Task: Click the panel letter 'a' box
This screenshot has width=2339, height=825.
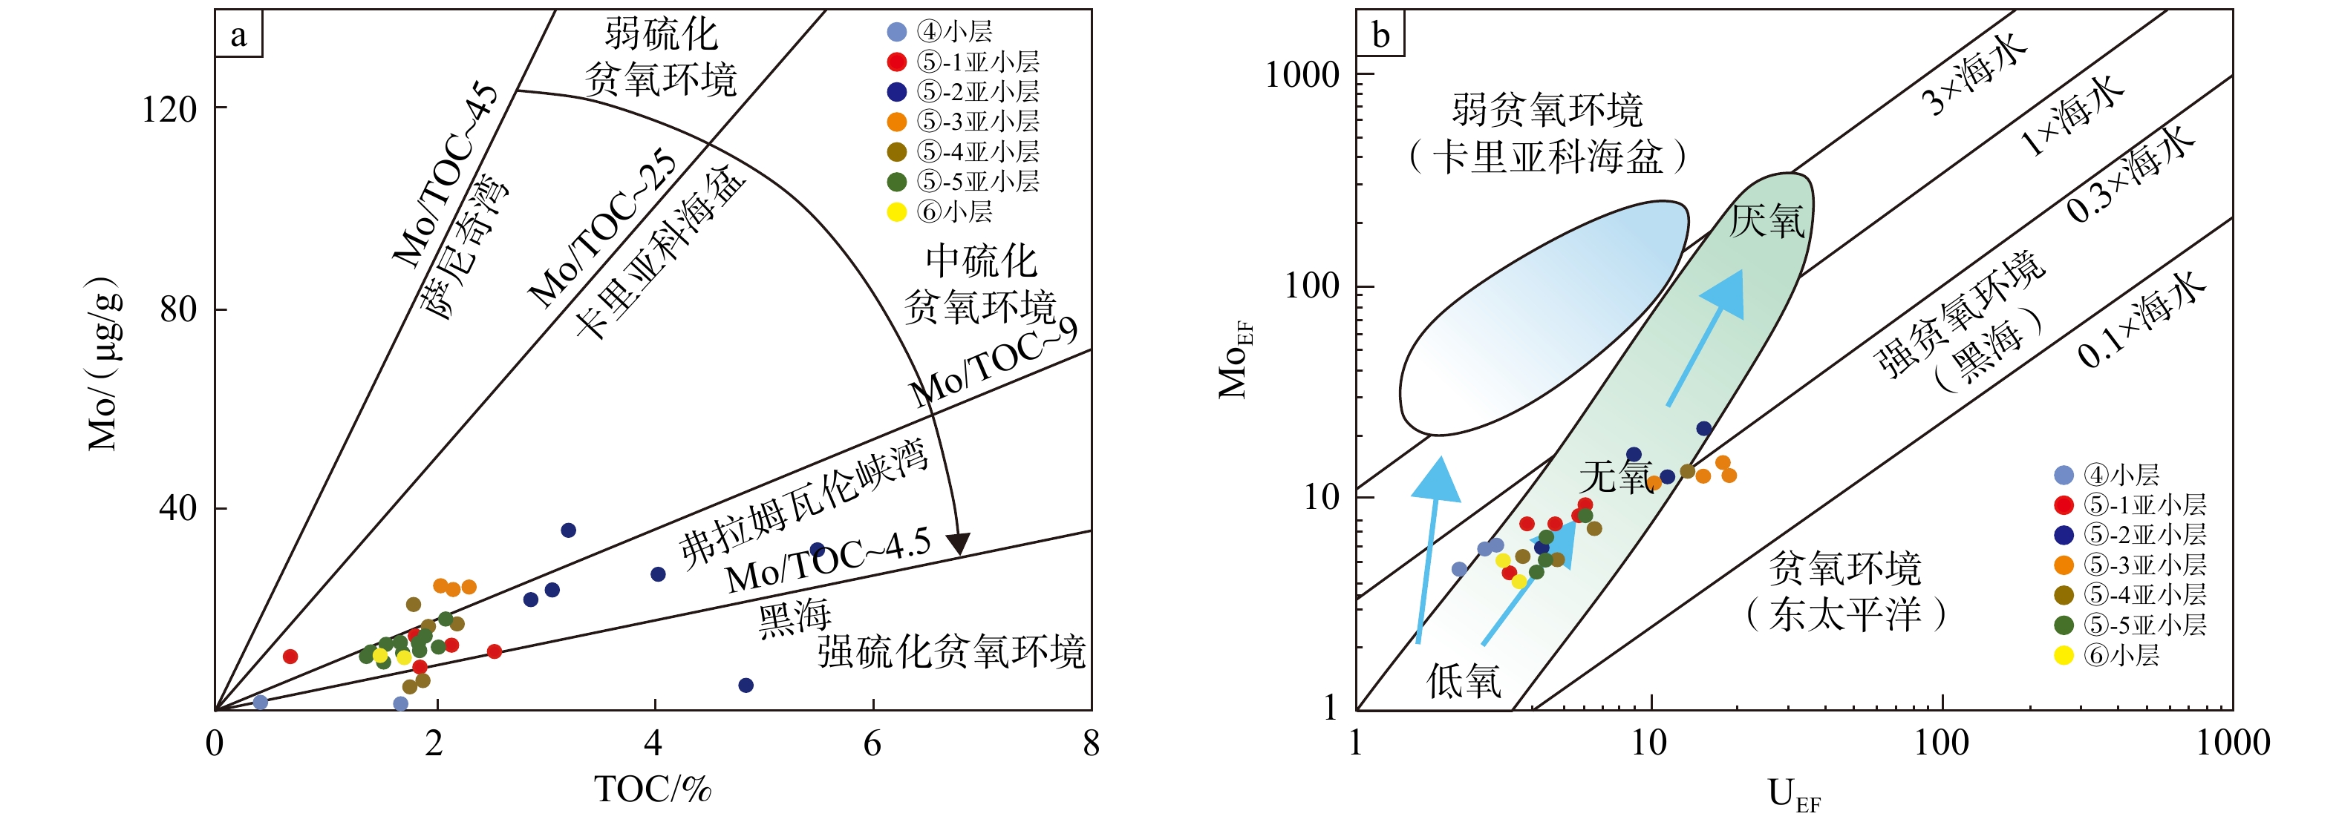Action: coord(238,36)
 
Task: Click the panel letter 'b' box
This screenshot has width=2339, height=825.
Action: coord(1380,36)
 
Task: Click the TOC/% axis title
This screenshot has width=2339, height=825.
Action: coord(652,789)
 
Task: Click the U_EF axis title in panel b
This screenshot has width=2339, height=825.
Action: coord(1793,795)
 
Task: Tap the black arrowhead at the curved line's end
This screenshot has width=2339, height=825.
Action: coord(958,544)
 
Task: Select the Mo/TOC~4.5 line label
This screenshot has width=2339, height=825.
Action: coord(828,561)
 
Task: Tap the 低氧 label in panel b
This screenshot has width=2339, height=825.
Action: coord(1463,680)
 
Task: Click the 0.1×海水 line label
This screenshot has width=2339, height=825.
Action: coord(2141,320)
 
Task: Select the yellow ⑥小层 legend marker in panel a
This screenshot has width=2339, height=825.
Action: coord(896,212)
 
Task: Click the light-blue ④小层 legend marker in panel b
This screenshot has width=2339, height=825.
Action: coord(2063,475)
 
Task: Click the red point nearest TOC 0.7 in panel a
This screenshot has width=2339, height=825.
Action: coord(290,656)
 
